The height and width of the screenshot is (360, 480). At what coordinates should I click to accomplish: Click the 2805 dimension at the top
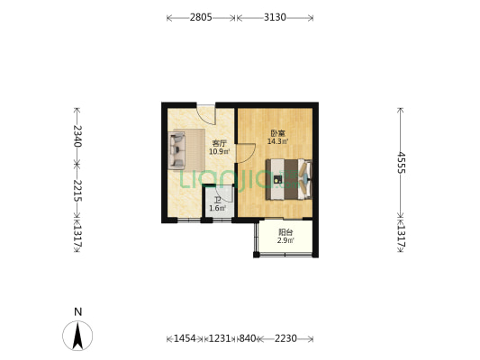(x=201, y=17)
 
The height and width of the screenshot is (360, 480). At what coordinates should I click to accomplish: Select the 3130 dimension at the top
(x=275, y=17)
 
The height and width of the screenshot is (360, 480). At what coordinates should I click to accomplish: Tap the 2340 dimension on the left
(x=77, y=136)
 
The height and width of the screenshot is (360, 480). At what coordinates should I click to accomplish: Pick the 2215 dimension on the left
(x=77, y=191)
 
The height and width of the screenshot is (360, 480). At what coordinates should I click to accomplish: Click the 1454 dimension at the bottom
(x=184, y=338)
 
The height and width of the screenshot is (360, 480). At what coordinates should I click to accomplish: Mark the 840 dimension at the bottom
(x=246, y=338)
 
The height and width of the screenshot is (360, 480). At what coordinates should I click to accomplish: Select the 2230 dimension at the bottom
(x=285, y=338)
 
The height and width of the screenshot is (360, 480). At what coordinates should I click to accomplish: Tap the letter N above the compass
(x=78, y=312)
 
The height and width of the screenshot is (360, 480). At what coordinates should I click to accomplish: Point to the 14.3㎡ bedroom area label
(x=277, y=141)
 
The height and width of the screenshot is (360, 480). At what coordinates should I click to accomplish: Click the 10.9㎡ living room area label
(x=219, y=151)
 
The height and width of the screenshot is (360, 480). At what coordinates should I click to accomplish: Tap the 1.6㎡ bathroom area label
(x=217, y=208)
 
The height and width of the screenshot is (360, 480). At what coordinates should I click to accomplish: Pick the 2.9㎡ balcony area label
(x=284, y=240)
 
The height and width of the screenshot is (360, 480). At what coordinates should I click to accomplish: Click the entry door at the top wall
(x=206, y=113)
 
